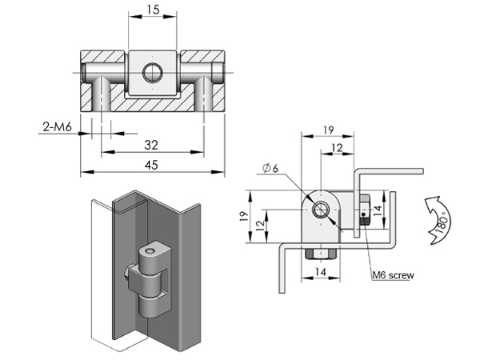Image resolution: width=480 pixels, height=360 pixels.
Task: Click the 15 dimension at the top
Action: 153,10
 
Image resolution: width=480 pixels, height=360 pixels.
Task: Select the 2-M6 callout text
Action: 58,126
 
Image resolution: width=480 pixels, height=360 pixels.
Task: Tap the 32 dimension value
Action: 151,145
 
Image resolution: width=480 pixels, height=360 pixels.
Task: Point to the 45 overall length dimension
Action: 151,166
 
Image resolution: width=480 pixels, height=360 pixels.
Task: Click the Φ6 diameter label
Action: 270,168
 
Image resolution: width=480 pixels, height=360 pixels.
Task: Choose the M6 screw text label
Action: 393,275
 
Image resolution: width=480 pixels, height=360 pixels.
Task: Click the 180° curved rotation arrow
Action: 438,221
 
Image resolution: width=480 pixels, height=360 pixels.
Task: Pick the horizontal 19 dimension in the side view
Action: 328,130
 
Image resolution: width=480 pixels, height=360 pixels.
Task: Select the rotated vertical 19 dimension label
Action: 244,216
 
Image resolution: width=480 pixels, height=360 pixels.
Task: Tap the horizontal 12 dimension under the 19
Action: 337,148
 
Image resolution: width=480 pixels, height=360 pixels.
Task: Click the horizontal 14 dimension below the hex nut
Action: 321,271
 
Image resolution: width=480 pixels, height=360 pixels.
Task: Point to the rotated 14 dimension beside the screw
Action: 378,210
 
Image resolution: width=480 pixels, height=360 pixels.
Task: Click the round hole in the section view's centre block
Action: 153,73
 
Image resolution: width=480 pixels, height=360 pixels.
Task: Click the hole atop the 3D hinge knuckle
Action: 150,251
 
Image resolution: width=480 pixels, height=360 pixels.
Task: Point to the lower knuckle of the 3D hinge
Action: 151,306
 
